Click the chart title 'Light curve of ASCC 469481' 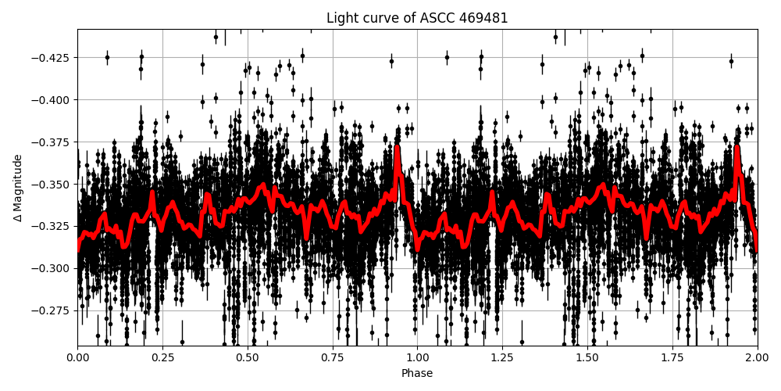417,18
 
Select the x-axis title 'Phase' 417,373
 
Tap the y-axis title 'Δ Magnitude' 18,188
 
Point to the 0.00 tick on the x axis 77,357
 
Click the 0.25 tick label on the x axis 162,357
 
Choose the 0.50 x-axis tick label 248,357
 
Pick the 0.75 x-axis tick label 332,357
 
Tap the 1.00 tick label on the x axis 417,357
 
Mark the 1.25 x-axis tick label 502,357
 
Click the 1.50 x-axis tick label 587,357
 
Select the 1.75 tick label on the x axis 672,357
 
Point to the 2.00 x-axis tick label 757,357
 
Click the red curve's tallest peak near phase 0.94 397,148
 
